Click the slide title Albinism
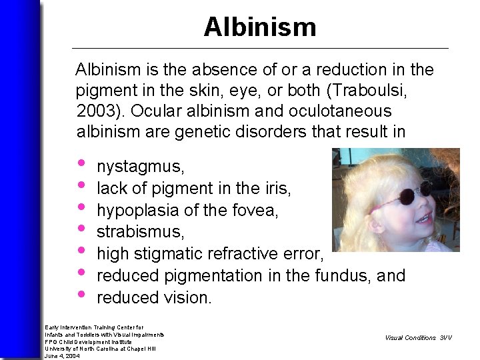[259, 27]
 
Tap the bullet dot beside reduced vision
[81, 294]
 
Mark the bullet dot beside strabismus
[81, 229]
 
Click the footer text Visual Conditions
[410, 338]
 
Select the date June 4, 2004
[62, 356]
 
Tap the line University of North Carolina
[100, 349]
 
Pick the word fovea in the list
[259, 211]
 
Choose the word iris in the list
[278, 189]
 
